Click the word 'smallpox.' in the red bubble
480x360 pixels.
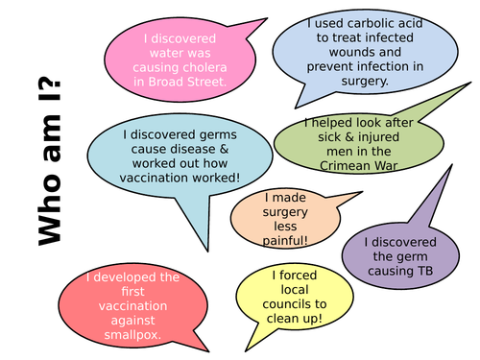click(x=131, y=336)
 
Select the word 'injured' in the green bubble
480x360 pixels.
click(x=365, y=136)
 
